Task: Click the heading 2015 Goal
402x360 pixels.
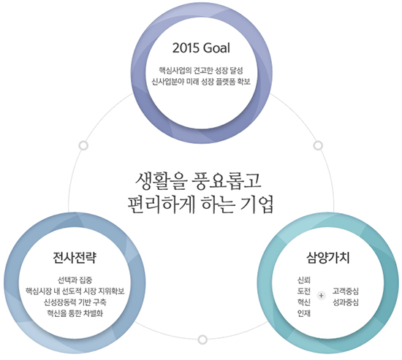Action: pos(201,48)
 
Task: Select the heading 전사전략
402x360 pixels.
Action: pos(75,258)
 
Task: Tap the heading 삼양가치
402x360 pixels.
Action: pos(328,258)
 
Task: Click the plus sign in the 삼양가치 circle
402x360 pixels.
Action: pos(321,296)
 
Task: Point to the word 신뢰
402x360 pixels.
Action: pos(304,280)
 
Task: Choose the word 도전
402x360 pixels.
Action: pos(304,291)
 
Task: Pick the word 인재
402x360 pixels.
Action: pos(304,313)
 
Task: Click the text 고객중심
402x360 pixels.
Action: pos(345,291)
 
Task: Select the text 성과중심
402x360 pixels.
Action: pos(345,302)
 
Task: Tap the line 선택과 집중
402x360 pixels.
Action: pos(75,280)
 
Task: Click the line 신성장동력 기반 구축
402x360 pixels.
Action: pos(75,302)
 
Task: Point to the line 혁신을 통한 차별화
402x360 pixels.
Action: pos(75,313)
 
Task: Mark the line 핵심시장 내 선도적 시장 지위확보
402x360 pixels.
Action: pos(75,291)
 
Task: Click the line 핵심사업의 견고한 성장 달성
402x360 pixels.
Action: pos(201,70)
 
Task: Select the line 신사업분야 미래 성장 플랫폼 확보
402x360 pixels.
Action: pos(201,82)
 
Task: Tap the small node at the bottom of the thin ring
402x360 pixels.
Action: pos(202,340)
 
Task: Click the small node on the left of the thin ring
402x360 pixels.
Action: pos(83,145)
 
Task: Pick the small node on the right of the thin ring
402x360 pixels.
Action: pos(318,145)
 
